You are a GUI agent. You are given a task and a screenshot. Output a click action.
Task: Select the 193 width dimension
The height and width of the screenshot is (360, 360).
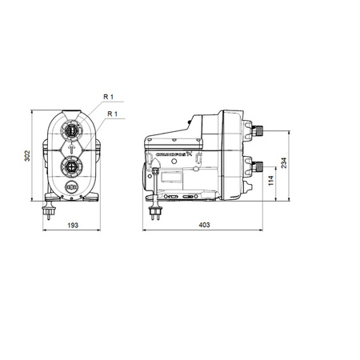(x=73, y=226)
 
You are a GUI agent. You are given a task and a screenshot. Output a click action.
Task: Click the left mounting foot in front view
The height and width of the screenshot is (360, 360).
(x=50, y=200)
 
